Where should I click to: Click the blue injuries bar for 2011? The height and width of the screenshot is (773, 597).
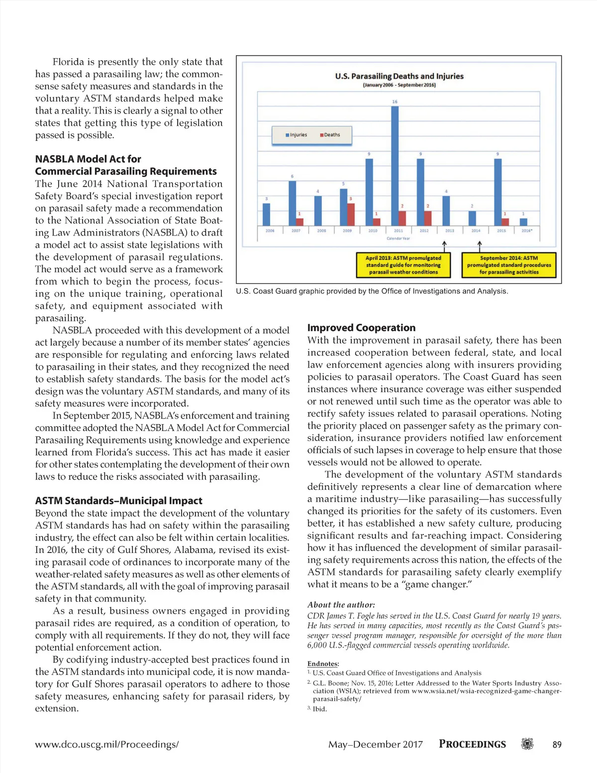[395, 166]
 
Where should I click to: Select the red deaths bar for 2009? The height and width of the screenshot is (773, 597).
[351, 214]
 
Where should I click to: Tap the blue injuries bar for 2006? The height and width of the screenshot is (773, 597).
[266, 214]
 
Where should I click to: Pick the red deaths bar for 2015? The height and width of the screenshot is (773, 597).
[505, 221]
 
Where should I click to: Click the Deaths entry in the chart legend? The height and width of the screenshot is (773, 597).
[330, 135]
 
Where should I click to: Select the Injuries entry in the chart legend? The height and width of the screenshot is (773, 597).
[297, 135]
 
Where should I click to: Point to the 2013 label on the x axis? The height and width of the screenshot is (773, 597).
[450, 231]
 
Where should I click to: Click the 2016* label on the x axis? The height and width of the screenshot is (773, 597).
[527, 231]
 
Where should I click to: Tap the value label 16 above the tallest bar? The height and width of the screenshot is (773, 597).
[395, 102]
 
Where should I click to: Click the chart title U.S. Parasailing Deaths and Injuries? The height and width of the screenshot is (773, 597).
[399, 76]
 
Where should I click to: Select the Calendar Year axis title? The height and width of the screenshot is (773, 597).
[398, 238]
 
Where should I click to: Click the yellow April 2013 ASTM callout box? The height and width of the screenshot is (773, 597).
[403, 265]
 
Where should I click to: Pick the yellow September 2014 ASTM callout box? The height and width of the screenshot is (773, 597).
[509, 265]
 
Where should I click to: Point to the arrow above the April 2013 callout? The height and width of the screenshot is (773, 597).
[444, 246]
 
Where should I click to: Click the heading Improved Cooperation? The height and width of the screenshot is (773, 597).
[361, 328]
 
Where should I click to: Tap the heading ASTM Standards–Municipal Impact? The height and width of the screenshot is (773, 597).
[118, 501]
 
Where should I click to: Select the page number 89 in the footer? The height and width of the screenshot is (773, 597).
[557, 745]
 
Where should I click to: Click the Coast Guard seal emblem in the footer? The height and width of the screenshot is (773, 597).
[527, 744]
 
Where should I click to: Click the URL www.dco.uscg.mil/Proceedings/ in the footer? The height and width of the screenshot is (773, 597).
[106, 745]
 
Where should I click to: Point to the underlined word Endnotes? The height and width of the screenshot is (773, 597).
[322, 664]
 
